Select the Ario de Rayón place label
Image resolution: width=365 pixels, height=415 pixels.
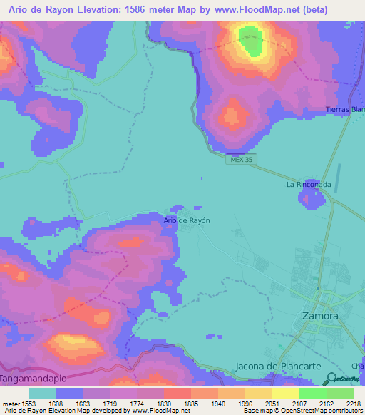(187, 220)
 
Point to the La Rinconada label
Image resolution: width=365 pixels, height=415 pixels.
(309, 184)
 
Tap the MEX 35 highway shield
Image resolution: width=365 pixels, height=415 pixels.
(242, 160)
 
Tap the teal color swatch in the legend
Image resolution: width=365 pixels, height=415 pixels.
(42, 393)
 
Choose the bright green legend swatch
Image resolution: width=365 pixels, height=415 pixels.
(312, 393)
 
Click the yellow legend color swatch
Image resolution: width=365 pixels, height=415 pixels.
(285, 393)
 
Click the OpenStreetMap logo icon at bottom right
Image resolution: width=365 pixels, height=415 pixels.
(331, 379)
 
